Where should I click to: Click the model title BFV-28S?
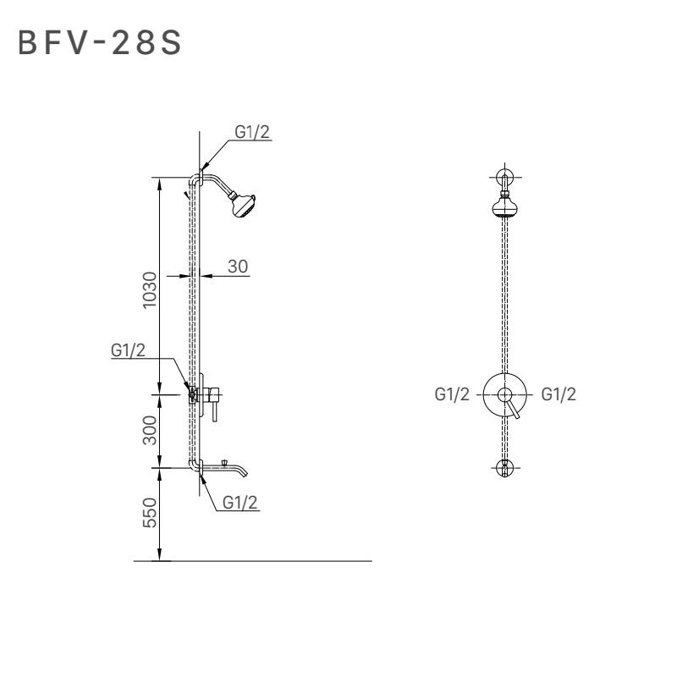100,43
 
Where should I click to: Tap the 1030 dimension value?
150,289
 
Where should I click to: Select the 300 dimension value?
150,430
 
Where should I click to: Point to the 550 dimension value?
150,513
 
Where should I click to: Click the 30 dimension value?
238,267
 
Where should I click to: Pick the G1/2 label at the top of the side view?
252,132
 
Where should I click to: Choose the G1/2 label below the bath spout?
240,502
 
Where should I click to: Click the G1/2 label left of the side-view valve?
129,350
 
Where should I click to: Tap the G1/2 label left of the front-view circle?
452,394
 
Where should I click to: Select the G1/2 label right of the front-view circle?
559,394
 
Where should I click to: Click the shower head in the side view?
243,205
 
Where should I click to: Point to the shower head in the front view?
504,206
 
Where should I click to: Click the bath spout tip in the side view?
245,473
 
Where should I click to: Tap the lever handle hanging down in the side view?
215,411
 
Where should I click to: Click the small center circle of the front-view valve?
504,394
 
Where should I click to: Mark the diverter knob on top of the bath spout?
224,463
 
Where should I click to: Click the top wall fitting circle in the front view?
504,177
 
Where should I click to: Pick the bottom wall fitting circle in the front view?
504,468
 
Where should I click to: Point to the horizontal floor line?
252,561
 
